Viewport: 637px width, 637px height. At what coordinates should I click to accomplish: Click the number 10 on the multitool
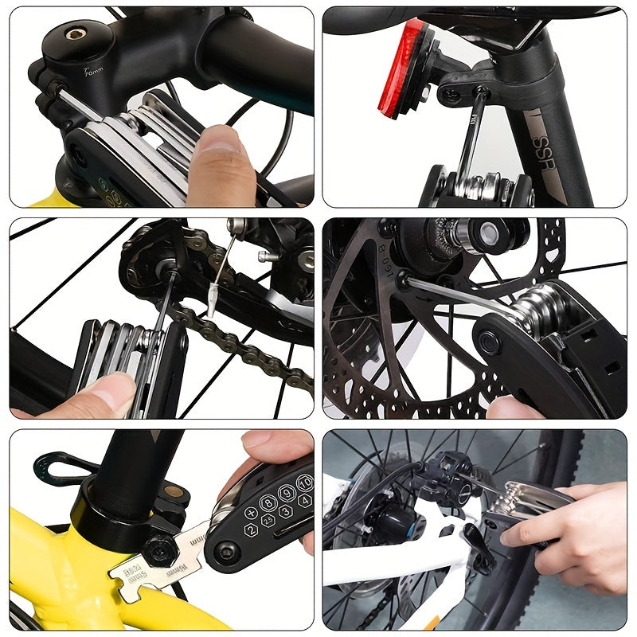(304, 483)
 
